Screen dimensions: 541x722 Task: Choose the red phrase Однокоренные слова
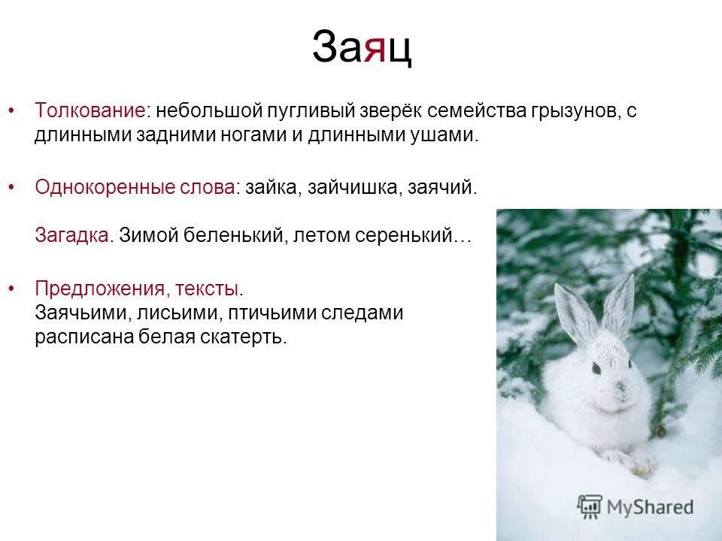pyautogui.click(x=135, y=186)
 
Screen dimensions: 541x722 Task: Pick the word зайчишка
pyautogui.click(x=353, y=186)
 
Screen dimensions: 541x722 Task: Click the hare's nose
pyautogui.click(x=620, y=388)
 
